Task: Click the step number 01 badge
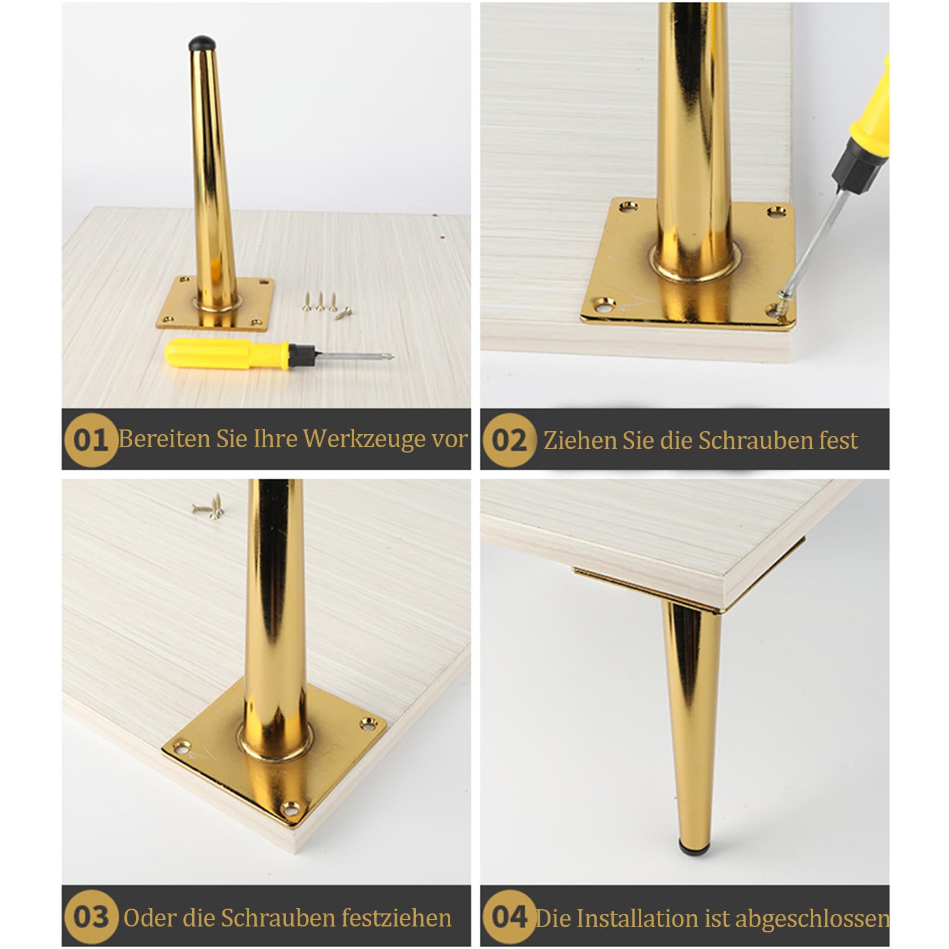tap(91, 440)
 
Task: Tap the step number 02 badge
tap(509, 440)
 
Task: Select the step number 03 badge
tap(91, 917)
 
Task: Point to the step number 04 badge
tap(509, 917)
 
